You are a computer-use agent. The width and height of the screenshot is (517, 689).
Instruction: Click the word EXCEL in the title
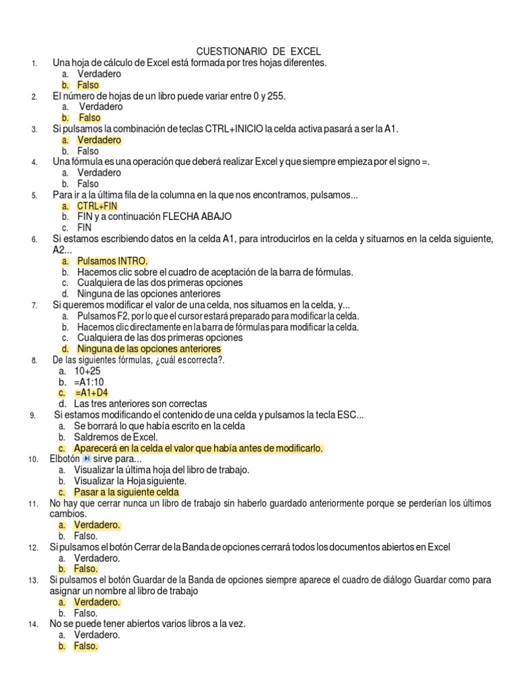click(306, 52)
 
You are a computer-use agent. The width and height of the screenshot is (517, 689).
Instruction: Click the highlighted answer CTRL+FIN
click(97, 206)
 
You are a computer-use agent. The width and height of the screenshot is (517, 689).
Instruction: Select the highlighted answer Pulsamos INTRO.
click(112, 261)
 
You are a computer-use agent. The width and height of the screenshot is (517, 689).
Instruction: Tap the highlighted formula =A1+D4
click(93, 393)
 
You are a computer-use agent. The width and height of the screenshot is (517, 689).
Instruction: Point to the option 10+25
click(87, 371)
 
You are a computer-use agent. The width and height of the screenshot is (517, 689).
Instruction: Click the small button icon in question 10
click(86, 459)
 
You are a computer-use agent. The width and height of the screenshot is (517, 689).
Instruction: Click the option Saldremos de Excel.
click(115, 437)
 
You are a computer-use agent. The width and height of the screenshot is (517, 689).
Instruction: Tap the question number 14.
click(33, 624)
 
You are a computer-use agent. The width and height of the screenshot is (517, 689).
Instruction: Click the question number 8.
click(34, 361)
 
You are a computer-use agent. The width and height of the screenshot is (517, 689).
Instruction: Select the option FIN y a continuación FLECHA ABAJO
click(154, 217)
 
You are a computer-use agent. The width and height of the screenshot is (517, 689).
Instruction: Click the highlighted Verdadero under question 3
click(99, 140)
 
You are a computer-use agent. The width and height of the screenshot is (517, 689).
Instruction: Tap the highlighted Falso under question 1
click(88, 85)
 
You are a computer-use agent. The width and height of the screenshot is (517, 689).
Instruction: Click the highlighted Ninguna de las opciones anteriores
click(149, 349)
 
